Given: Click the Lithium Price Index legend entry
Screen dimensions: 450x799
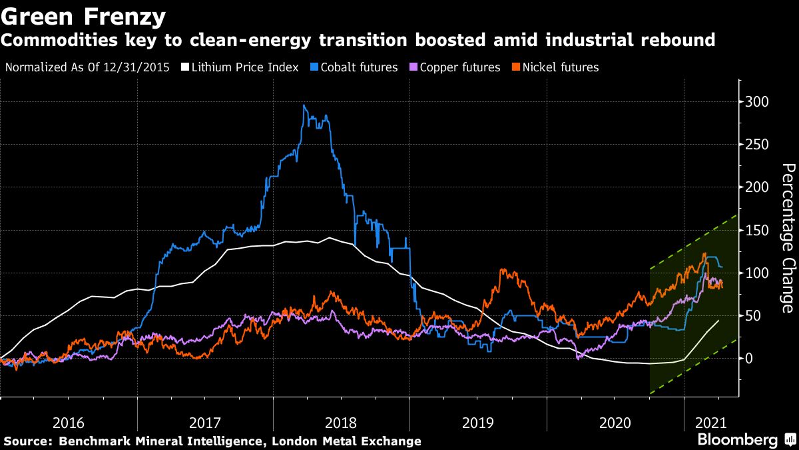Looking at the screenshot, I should pyautogui.click(x=246, y=67).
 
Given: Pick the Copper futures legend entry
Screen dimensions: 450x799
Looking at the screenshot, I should pyautogui.click(x=460, y=67).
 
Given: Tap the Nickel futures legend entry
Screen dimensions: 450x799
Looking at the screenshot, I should pyautogui.click(x=561, y=67).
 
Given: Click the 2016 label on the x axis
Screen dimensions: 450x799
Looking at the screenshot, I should pyautogui.click(x=68, y=423).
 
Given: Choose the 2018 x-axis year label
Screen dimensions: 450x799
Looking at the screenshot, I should pyautogui.click(x=341, y=423).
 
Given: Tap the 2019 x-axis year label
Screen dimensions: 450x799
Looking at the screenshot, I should pyautogui.click(x=477, y=423).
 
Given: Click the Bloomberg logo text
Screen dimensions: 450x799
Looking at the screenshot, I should pyautogui.click(x=737, y=440).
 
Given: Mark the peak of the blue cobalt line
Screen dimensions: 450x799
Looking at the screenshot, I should pyautogui.click(x=304, y=105).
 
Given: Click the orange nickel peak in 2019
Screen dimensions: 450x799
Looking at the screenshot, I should pyautogui.click(x=502, y=270).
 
